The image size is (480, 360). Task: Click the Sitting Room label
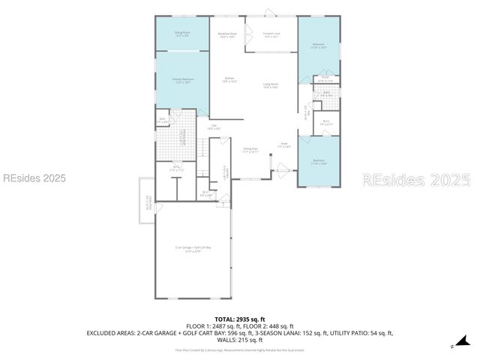click(182, 34)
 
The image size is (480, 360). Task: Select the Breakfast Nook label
click(227, 34)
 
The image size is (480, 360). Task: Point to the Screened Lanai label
click(271, 34)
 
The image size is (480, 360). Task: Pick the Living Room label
click(271, 85)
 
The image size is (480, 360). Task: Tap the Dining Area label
click(250, 150)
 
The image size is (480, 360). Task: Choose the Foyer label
click(284, 145)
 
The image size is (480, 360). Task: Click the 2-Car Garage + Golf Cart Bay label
click(193, 249)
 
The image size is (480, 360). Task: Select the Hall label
click(214, 127)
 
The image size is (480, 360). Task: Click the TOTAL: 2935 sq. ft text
click(240, 319)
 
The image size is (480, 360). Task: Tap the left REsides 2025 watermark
click(34, 178)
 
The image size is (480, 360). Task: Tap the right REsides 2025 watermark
click(417, 180)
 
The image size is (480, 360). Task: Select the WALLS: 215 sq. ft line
click(240, 339)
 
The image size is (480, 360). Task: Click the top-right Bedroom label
click(318, 46)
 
